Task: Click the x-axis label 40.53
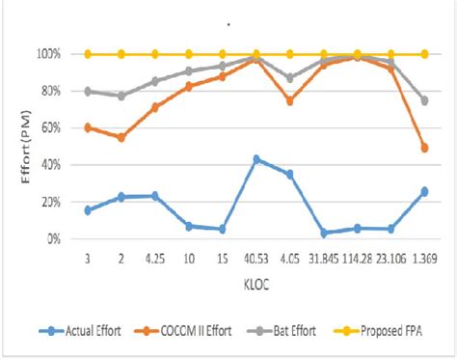click(x=255, y=258)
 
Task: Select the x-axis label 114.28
click(x=357, y=258)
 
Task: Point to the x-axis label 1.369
click(x=424, y=258)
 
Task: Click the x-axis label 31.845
click(x=323, y=258)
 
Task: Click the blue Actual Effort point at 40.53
click(x=255, y=159)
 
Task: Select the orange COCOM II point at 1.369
click(x=424, y=148)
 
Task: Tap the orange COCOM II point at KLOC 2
click(x=121, y=137)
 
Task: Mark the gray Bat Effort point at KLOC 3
click(x=88, y=91)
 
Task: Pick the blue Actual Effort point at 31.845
click(x=324, y=233)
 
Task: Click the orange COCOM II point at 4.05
click(x=289, y=100)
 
